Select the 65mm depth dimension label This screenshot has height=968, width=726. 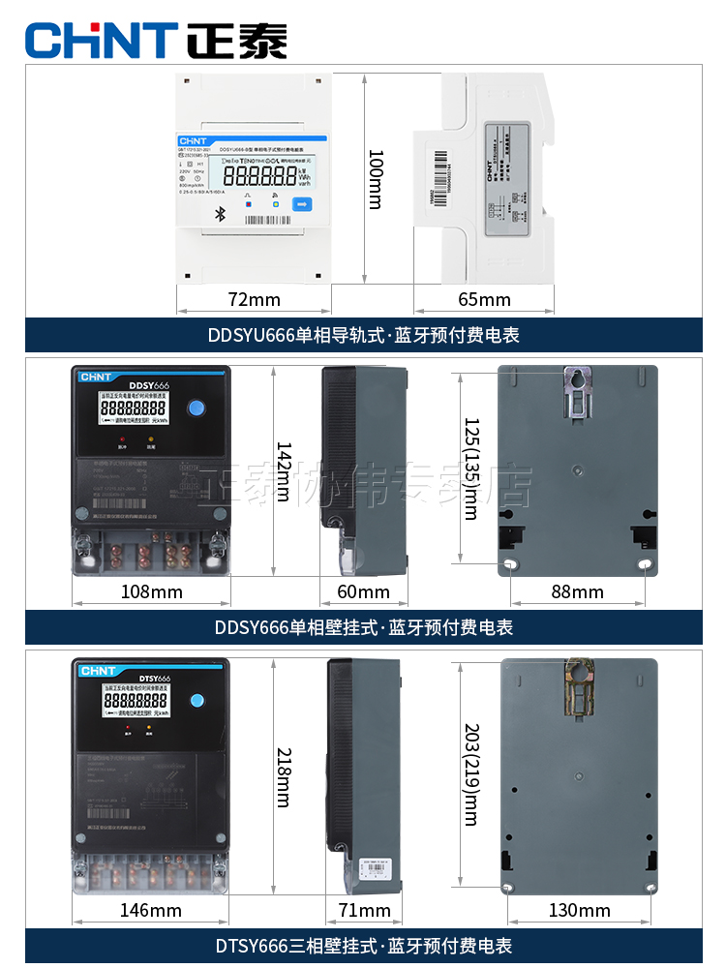[x=483, y=299]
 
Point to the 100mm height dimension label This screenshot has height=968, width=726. [x=377, y=180]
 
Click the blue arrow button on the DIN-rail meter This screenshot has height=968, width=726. [x=301, y=204]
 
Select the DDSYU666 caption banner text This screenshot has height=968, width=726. [x=363, y=335]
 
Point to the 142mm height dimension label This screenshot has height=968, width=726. [x=284, y=471]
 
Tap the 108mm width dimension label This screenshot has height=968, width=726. [x=151, y=591]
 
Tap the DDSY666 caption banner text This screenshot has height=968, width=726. [x=363, y=627]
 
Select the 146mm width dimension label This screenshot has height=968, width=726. [x=151, y=910]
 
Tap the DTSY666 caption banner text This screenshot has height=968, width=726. [x=363, y=946]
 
